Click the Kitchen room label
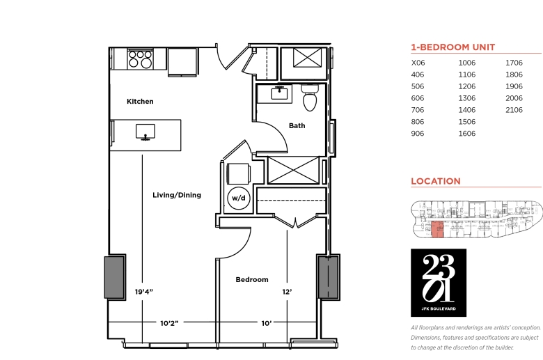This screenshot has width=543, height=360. pos(140,102)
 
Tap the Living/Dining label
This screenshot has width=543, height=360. pos(177,195)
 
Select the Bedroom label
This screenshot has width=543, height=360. pos(252,280)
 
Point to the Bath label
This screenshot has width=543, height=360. pos(297,125)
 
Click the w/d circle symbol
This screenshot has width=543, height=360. pos(239,198)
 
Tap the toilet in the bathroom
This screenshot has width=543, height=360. pos(310,97)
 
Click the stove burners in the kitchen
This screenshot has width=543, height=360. pos(140,59)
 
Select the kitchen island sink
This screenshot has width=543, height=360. pos(145,132)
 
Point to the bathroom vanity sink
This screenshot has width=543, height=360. pos(279,93)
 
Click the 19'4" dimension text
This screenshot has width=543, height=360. pos(143,292)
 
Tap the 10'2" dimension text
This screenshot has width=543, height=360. pos(169,323)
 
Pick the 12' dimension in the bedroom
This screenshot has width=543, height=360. pos(287,292)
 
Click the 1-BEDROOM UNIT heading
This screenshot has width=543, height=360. pos(453,47)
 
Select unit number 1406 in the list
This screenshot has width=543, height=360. pos(467,110)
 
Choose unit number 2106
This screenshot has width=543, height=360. pos(514,110)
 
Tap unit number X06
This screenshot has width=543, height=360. pos(418,63)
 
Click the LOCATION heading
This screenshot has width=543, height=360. pos(436,181)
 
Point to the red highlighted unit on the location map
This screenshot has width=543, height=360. pos(437,229)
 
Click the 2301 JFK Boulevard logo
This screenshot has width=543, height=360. pos(439,283)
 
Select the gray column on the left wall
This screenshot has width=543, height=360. pos(115,277)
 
